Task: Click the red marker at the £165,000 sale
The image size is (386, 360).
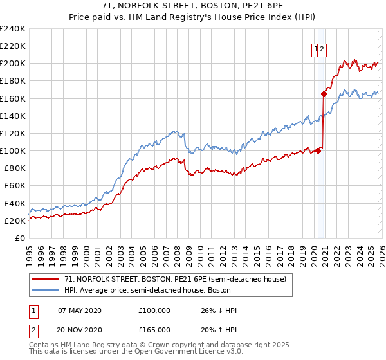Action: [x=324, y=94]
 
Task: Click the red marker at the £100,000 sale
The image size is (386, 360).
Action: [x=318, y=151]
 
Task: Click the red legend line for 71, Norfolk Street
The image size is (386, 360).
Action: [x=46, y=279]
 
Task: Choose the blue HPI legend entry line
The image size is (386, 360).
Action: [x=46, y=290]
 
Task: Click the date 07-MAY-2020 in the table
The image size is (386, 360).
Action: [x=80, y=310]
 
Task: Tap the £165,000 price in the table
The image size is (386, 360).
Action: [x=154, y=329]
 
